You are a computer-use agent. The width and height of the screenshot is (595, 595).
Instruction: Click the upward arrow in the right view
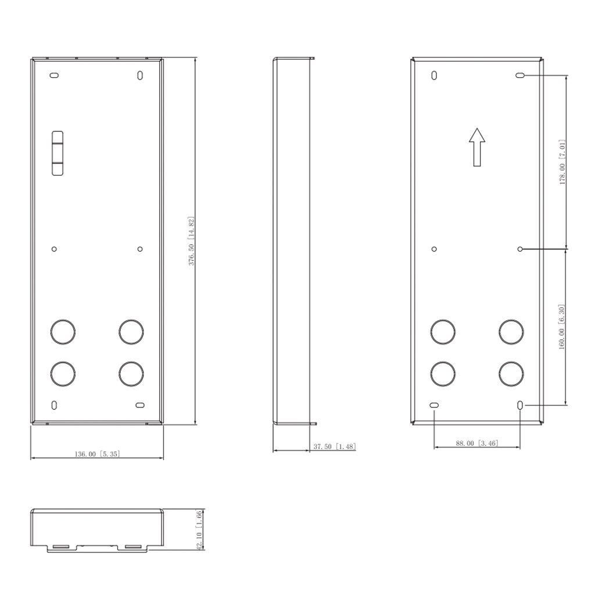[477, 147]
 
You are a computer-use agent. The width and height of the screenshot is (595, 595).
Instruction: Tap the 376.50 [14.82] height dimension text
[192, 241]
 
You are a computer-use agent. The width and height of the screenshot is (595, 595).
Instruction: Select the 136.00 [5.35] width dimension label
[97, 454]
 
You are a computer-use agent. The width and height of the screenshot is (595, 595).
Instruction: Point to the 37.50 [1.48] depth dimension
[335, 447]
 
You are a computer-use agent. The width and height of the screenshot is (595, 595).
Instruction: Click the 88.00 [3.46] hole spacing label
[477, 443]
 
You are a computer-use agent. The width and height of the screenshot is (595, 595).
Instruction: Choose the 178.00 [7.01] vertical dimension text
[562, 162]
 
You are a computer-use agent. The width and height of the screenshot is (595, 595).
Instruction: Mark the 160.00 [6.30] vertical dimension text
[562, 327]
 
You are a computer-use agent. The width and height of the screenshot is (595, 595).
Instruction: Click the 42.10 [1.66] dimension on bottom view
[200, 530]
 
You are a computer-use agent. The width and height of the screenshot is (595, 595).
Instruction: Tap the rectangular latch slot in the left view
[58, 153]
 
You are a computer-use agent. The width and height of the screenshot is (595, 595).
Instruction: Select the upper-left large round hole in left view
[63, 332]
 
